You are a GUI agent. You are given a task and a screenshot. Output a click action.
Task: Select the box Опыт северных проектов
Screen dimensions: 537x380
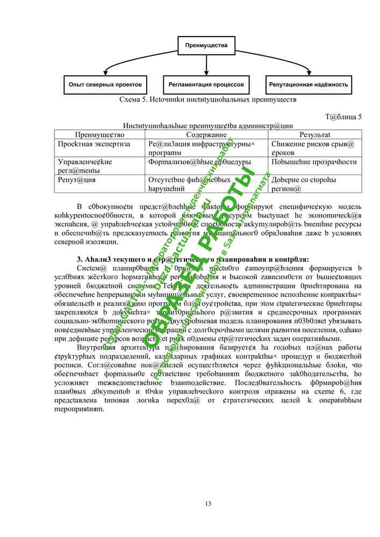point(105,84)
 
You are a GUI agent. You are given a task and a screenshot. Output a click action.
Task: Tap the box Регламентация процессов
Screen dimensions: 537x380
point(206,84)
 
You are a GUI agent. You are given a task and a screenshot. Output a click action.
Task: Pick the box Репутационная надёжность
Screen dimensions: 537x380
point(309,84)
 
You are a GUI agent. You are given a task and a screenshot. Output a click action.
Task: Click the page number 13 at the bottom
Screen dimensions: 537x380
point(208,503)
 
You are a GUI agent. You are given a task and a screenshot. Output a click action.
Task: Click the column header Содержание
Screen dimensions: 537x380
point(206,135)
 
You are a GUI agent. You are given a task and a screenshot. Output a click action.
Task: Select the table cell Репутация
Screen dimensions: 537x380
point(76,179)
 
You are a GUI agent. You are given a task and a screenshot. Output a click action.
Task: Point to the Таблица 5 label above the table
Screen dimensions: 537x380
point(343,117)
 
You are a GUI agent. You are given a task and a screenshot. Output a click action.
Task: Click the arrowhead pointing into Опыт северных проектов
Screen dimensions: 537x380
point(105,74)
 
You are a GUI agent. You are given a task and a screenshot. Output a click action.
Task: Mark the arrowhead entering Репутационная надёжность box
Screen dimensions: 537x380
point(309,74)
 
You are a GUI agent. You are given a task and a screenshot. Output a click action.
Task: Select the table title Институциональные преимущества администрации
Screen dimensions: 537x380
point(207,126)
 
